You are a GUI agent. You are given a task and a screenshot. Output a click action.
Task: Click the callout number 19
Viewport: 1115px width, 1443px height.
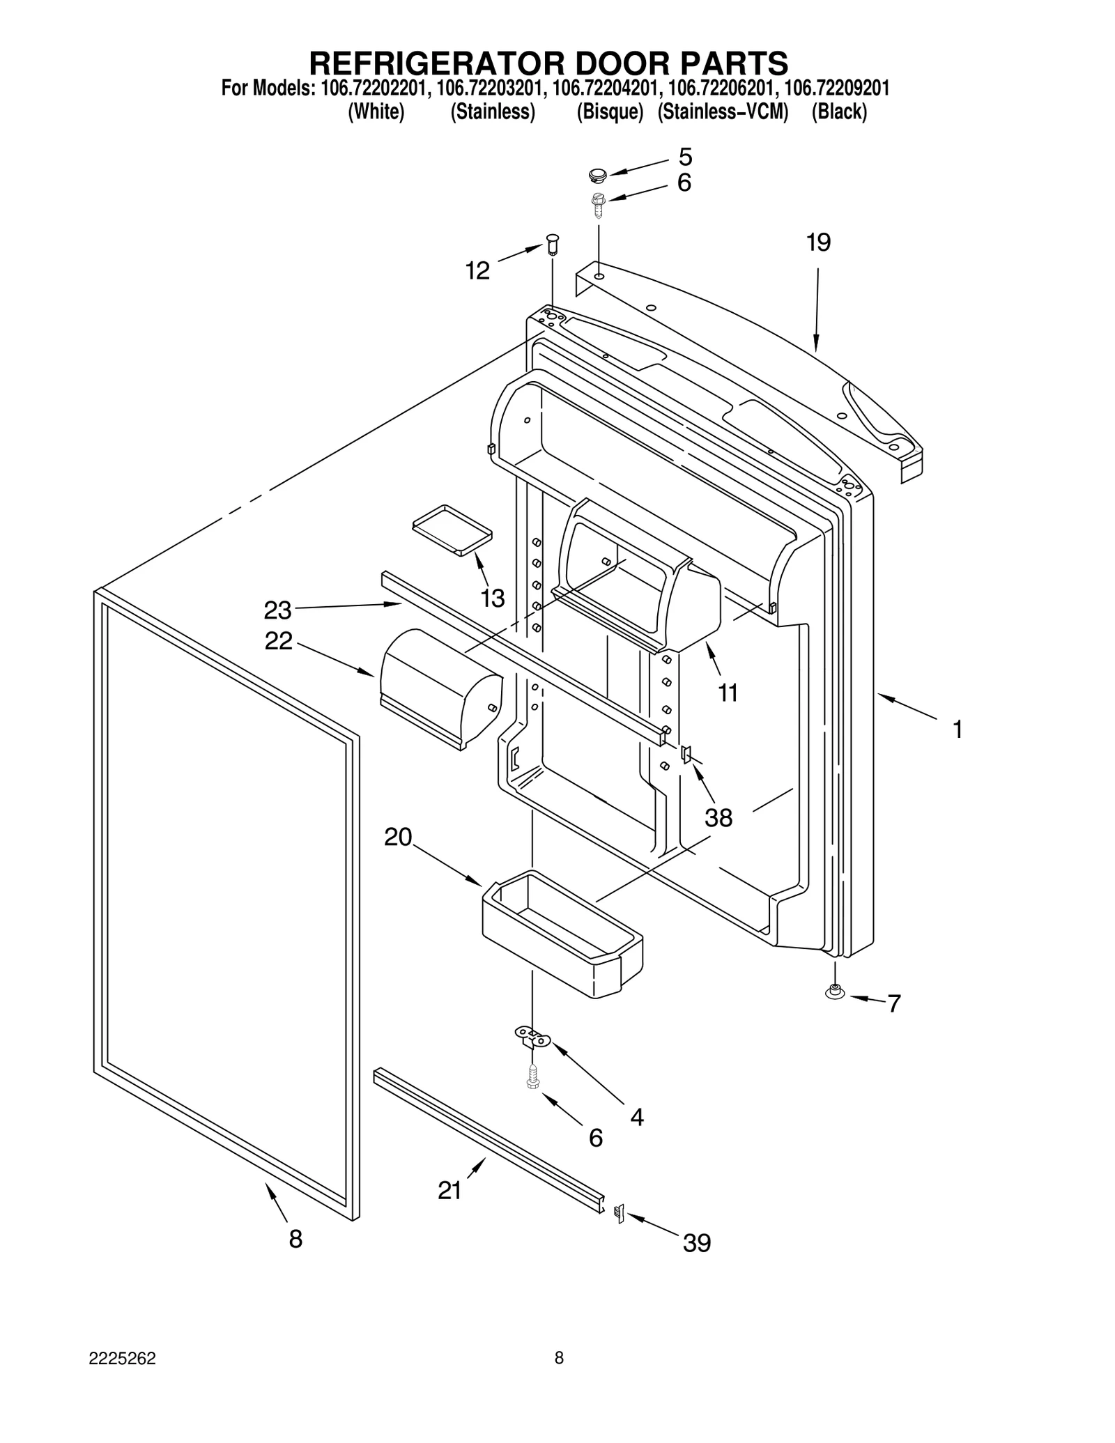point(818,242)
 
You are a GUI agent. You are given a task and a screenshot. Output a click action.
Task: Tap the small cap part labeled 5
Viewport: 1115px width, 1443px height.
point(598,173)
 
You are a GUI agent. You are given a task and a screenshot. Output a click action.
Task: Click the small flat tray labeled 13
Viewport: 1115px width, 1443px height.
point(452,530)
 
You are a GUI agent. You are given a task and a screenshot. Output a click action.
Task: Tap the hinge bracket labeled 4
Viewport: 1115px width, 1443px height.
point(532,1037)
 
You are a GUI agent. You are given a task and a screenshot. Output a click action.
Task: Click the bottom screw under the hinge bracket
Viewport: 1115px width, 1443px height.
point(533,1077)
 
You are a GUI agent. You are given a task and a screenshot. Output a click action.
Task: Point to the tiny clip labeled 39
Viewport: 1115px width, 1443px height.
point(618,1213)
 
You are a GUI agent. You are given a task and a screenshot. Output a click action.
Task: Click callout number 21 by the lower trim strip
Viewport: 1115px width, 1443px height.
point(449,1191)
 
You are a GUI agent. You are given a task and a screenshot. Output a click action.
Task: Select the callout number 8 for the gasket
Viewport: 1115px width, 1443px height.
point(295,1238)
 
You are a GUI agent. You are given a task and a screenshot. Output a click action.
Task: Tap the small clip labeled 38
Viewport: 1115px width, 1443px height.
point(686,753)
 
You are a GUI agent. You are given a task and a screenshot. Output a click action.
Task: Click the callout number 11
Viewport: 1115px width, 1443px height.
point(728,693)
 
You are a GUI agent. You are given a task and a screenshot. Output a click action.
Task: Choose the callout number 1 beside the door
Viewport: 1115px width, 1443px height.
point(958,730)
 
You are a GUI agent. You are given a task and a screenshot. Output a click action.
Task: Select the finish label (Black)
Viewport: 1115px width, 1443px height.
point(839,111)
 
